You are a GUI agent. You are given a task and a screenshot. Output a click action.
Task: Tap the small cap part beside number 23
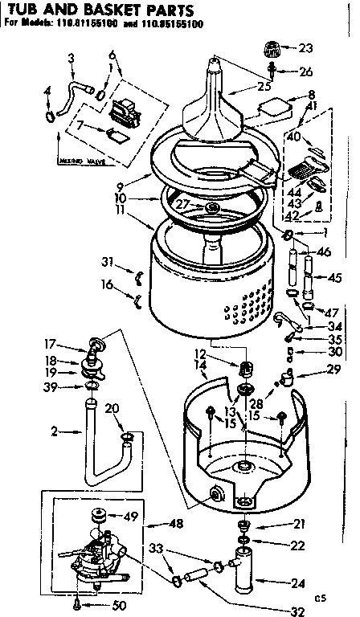pos(272,50)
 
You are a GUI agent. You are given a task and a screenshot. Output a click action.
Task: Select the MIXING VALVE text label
pos(83,161)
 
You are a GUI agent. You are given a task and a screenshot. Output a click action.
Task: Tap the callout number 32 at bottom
pos(297,609)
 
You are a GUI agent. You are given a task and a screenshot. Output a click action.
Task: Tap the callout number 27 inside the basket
pos(182,205)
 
